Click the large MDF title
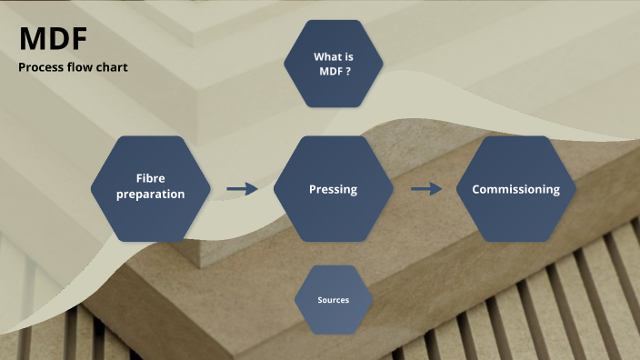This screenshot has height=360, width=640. click(53, 40)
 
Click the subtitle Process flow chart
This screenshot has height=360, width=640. click(73, 67)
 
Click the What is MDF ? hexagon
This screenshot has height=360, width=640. click(333, 64)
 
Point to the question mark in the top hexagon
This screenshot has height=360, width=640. click(348, 71)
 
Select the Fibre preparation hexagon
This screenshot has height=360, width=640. click(151, 188)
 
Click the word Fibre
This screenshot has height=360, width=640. click(151, 179)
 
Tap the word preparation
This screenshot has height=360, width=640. click(151, 195)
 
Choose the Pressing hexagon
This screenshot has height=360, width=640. click(333, 188)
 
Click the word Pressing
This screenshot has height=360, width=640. click(333, 189)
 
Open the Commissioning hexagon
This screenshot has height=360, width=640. click(515, 188)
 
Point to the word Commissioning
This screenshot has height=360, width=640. click(515, 189)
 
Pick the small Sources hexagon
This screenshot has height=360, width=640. click(333, 300)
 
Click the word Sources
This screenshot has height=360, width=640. click(333, 300)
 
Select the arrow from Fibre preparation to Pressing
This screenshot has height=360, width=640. click(242, 189)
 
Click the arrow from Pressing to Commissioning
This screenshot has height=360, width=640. click(425, 189)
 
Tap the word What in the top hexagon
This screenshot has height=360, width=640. click(325, 56)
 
